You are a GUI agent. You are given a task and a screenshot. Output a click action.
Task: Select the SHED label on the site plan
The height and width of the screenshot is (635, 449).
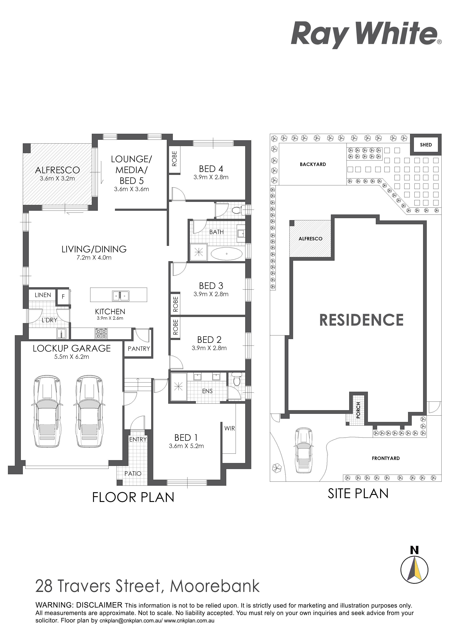[426, 145]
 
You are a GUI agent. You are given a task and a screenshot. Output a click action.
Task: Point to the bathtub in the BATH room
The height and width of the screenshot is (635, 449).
[227, 254]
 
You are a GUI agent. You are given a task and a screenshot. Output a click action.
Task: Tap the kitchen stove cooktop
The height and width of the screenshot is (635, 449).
[101, 333]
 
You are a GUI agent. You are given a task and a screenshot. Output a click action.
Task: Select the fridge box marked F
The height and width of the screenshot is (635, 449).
[63, 297]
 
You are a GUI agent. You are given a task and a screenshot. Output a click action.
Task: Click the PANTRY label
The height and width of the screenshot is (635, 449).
[139, 349]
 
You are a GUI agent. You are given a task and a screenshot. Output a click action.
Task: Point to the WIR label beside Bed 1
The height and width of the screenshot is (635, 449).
[230, 428]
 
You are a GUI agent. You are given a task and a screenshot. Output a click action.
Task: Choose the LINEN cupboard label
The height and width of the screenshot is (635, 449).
[43, 295]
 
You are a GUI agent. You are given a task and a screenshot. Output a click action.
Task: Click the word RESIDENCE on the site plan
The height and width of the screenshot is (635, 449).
[361, 320]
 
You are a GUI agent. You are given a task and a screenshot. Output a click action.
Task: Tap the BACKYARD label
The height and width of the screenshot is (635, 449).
[313, 164]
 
